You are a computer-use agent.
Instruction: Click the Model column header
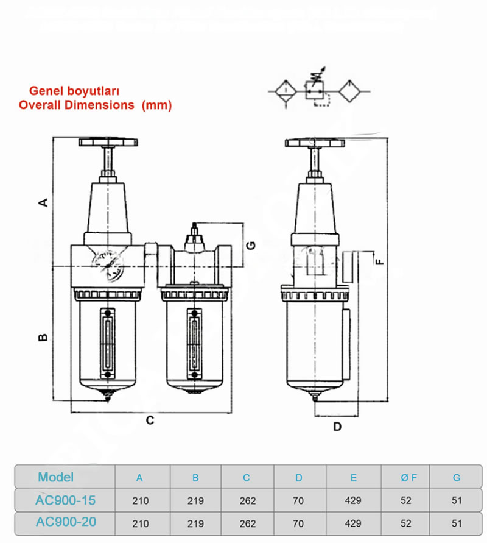coord(55,477)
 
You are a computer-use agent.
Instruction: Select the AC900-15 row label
coord(65,500)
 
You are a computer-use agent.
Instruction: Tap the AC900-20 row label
coord(65,522)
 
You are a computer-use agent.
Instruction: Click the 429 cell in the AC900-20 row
coord(353,523)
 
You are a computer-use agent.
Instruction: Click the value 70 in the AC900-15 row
coord(299,501)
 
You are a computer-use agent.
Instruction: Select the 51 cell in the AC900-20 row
coord(457,523)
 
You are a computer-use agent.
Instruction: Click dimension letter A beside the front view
coord(43,202)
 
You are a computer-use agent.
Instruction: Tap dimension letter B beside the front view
coord(43,337)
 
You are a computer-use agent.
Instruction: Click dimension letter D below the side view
coord(337,426)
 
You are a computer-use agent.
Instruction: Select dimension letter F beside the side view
coord(379,261)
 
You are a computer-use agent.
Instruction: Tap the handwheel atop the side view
coord(315,143)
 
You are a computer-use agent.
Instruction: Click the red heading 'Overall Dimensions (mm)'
coord(95,105)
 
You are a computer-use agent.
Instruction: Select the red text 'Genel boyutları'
coord(74,91)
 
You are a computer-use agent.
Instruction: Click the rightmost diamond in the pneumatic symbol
coord(352,91)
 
